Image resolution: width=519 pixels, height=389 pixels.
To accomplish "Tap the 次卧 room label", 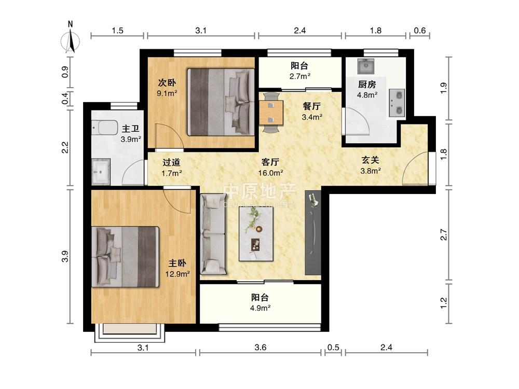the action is coord(167,82).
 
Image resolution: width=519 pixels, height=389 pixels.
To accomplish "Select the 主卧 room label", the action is coord(177,263).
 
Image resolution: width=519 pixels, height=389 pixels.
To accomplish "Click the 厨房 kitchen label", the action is coord(367,85).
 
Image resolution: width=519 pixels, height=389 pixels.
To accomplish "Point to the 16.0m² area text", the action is coord(270,173).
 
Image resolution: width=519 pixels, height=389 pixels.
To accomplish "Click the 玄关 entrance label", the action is coord(370,160).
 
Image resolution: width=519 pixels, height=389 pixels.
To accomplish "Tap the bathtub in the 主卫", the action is coord(105,128).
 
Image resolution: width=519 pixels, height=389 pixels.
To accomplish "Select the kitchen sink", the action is coord(366,66).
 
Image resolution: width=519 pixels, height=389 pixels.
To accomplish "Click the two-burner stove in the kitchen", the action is coord(397,103).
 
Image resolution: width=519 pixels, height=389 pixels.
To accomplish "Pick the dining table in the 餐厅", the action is coord(271,113).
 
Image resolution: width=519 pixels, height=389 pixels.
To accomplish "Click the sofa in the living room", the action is coord(213,234).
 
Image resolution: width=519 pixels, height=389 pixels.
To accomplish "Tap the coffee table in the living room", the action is coord(256,233).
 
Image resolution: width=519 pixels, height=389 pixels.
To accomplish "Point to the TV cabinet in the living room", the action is coord(313,232).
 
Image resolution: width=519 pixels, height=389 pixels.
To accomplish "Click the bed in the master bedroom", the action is coord(126,256).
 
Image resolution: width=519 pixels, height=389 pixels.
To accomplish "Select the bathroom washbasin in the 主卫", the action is coord(101,171).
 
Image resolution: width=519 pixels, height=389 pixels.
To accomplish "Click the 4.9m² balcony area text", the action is coord(260,308).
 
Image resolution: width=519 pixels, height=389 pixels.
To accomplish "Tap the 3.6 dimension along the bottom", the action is coord(261,348).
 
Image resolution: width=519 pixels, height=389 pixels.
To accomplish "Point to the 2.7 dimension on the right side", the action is coord(444,235).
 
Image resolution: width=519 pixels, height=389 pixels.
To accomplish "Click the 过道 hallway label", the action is coord(171,162).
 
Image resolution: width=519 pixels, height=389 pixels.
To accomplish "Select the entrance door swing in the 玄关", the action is coord(414,168).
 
